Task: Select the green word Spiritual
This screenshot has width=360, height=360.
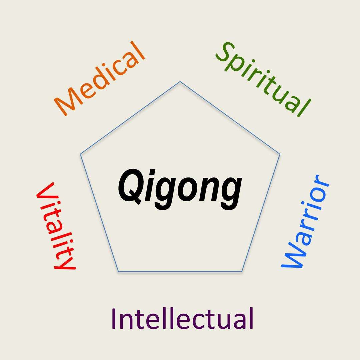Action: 263,79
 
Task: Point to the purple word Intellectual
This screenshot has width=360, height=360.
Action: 183,318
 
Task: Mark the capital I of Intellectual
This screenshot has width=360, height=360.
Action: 113,318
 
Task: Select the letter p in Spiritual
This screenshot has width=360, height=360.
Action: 236,67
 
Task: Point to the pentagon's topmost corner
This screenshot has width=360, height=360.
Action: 180,82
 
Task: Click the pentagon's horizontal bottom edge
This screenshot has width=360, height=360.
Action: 180,272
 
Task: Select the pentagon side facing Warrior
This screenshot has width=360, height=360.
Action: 261,213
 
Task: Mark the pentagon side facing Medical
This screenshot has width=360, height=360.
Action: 130,118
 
